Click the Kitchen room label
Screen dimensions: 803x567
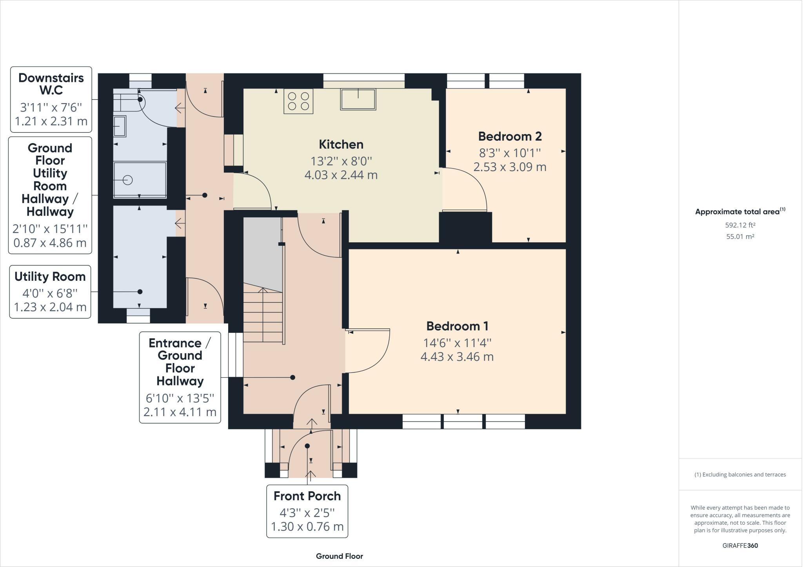pos(341,144)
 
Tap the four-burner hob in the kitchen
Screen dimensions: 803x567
pos(298,101)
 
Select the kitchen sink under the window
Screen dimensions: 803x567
pos(358,99)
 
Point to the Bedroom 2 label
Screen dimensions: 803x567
pos(510,136)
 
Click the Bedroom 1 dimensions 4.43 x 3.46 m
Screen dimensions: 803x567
pos(457,357)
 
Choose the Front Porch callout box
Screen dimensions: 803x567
pos(307,511)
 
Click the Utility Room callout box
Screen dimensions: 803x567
pos(50,292)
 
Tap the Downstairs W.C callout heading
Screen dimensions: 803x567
pos(51,84)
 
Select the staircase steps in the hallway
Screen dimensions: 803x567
pos(263,315)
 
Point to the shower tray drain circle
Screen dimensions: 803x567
pos(127,180)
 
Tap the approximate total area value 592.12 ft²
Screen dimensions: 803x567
pos(740,225)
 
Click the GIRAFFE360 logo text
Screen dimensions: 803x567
pos(740,545)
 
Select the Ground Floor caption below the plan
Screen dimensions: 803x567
pos(340,556)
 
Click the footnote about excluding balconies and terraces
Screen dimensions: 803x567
pos(740,474)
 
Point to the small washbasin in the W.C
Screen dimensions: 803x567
pos(120,126)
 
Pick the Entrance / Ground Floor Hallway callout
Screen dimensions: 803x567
pos(180,377)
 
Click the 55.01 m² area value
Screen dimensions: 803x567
pos(740,236)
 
